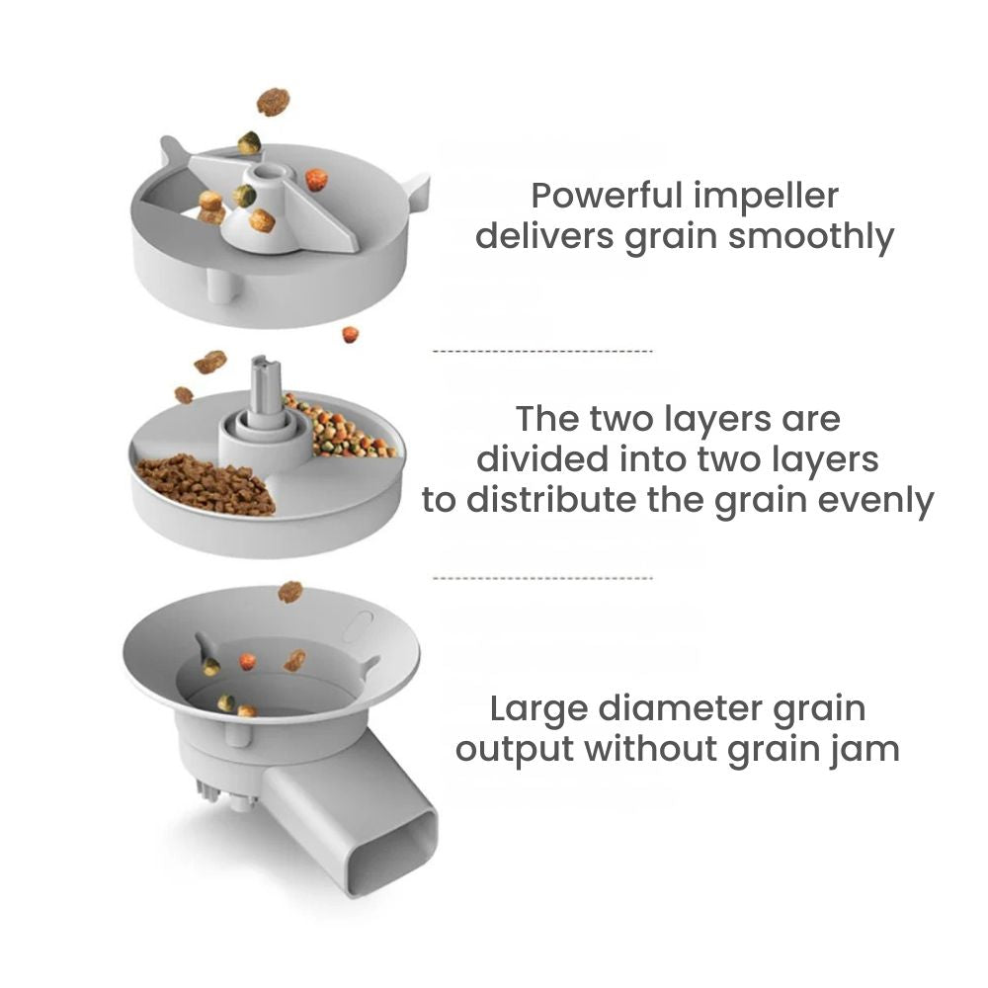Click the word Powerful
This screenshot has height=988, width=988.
(x=607, y=196)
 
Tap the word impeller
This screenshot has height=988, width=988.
(x=767, y=198)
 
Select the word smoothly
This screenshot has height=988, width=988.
(x=811, y=237)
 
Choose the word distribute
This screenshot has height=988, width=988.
(x=552, y=500)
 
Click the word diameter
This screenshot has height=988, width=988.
(x=680, y=708)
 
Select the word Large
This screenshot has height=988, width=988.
(x=538, y=709)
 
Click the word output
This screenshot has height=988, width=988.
(x=514, y=750)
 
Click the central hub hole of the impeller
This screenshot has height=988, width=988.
(x=272, y=171)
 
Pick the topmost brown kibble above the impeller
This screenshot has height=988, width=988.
(x=274, y=102)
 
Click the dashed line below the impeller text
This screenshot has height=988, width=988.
(x=542, y=351)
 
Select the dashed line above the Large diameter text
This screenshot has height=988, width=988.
(x=542, y=578)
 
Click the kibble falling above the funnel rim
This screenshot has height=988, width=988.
(x=289, y=592)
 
